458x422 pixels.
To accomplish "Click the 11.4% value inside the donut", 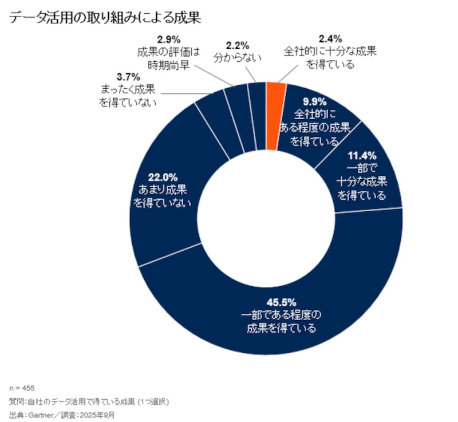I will tap(362, 155).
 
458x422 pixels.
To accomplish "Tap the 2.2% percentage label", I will tap(237, 45).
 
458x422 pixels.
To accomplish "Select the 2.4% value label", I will tap(330, 40).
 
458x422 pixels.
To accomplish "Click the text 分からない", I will tap(237, 57).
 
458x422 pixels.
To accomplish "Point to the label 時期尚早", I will tap(168, 65).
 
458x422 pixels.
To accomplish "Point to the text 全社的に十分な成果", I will tap(330, 52).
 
